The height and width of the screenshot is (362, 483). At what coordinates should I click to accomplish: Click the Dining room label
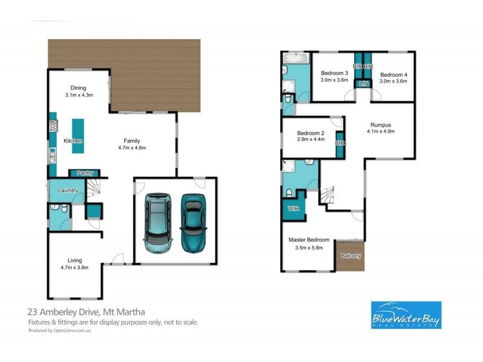click(x=78, y=88)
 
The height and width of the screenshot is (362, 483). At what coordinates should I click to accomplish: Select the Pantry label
click(x=85, y=173)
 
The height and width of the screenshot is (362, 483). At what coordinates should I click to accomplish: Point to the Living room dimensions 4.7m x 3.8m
click(x=75, y=267)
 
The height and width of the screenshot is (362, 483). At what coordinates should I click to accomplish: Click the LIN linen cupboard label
click(x=363, y=84)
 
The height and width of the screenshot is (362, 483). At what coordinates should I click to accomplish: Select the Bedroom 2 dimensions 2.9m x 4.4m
click(x=311, y=139)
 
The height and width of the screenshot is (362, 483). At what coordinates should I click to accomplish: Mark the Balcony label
click(x=351, y=256)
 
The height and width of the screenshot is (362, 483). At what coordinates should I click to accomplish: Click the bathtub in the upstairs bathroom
click(x=295, y=59)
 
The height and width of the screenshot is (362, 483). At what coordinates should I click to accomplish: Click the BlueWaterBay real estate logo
click(x=405, y=315)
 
